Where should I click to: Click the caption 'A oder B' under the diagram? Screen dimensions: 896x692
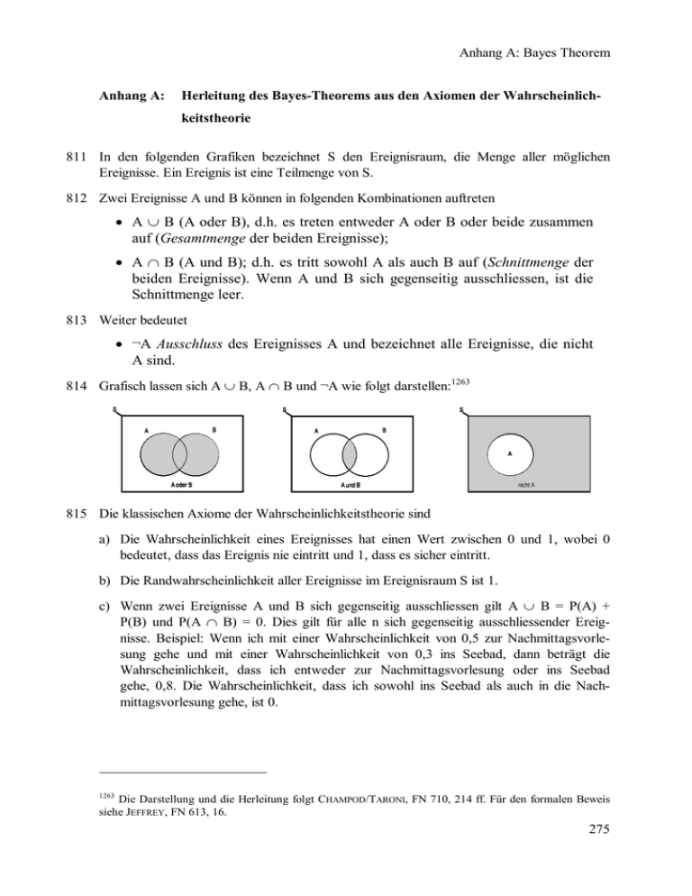coord(183,484)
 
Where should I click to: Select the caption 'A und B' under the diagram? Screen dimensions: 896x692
coord(351,484)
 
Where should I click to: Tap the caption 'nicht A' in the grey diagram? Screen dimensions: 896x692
coord(527,484)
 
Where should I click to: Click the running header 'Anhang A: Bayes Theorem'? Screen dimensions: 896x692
coord(529,53)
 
